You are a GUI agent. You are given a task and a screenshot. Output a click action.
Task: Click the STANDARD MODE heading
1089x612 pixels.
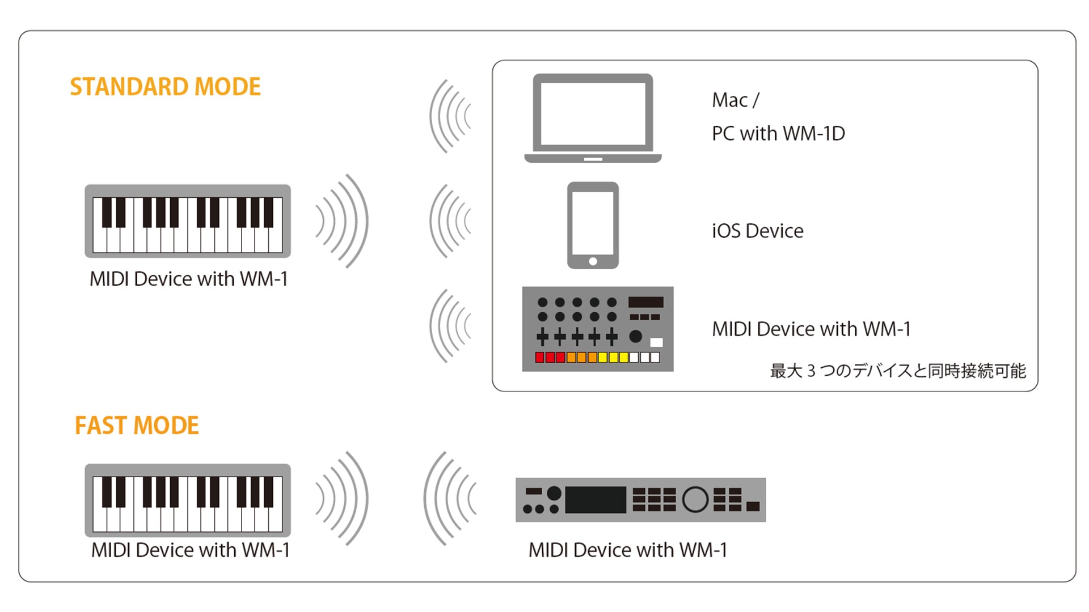click(165, 87)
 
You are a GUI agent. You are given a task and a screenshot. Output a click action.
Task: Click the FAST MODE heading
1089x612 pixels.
click(137, 426)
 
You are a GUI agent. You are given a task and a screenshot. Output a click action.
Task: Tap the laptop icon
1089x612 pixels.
click(593, 118)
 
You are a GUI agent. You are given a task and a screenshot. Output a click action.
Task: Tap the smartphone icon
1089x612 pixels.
click(593, 225)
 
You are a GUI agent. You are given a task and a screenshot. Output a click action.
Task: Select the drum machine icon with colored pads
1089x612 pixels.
click(598, 329)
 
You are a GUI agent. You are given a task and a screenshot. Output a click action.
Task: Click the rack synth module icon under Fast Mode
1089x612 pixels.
click(640, 500)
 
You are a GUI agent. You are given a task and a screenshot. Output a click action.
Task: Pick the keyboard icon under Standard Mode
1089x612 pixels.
click(188, 221)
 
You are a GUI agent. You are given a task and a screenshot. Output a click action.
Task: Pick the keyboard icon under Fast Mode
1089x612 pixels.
click(188, 500)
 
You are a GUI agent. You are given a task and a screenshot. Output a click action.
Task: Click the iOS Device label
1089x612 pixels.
click(758, 231)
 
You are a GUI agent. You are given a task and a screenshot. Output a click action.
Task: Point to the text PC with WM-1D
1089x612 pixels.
click(778, 134)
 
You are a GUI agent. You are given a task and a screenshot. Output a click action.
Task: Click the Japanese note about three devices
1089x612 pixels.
click(898, 371)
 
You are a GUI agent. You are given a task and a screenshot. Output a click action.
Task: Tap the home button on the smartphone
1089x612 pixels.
click(593, 261)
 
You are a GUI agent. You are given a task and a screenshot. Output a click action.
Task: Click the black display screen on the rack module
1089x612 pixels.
click(595, 500)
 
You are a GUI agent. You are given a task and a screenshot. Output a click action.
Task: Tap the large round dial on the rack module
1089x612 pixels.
click(695, 499)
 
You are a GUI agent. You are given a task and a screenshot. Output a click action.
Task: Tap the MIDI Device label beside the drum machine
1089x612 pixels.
click(811, 329)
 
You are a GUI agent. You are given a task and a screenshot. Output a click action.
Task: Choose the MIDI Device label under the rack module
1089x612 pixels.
click(627, 550)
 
